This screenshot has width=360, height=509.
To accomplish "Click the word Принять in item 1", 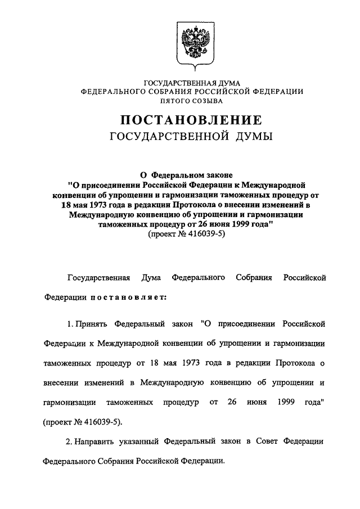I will click(x=93, y=325).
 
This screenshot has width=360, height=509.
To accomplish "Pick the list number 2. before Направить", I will click(x=70, y=442).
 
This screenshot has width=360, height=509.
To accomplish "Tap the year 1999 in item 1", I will click(x=287, y=403).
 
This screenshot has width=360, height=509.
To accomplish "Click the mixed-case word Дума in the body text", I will click(x=152, y=278).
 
